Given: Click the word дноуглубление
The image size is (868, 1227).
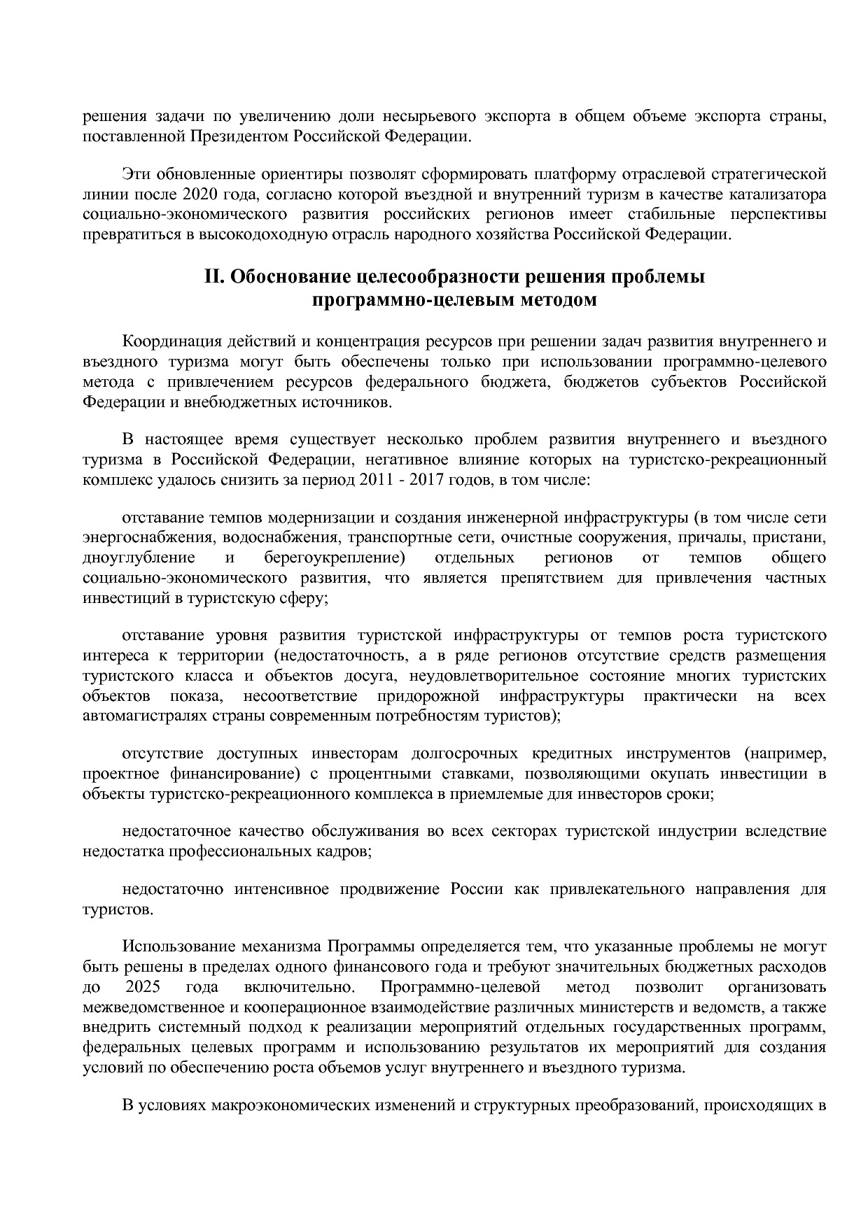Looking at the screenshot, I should (139, 558).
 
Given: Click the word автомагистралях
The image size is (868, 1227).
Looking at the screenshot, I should (143, 716).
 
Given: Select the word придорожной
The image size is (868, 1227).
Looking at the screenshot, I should (428, 696).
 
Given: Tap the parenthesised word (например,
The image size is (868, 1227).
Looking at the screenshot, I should (785, 753).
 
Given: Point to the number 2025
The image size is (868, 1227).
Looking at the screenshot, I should (143, 988).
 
